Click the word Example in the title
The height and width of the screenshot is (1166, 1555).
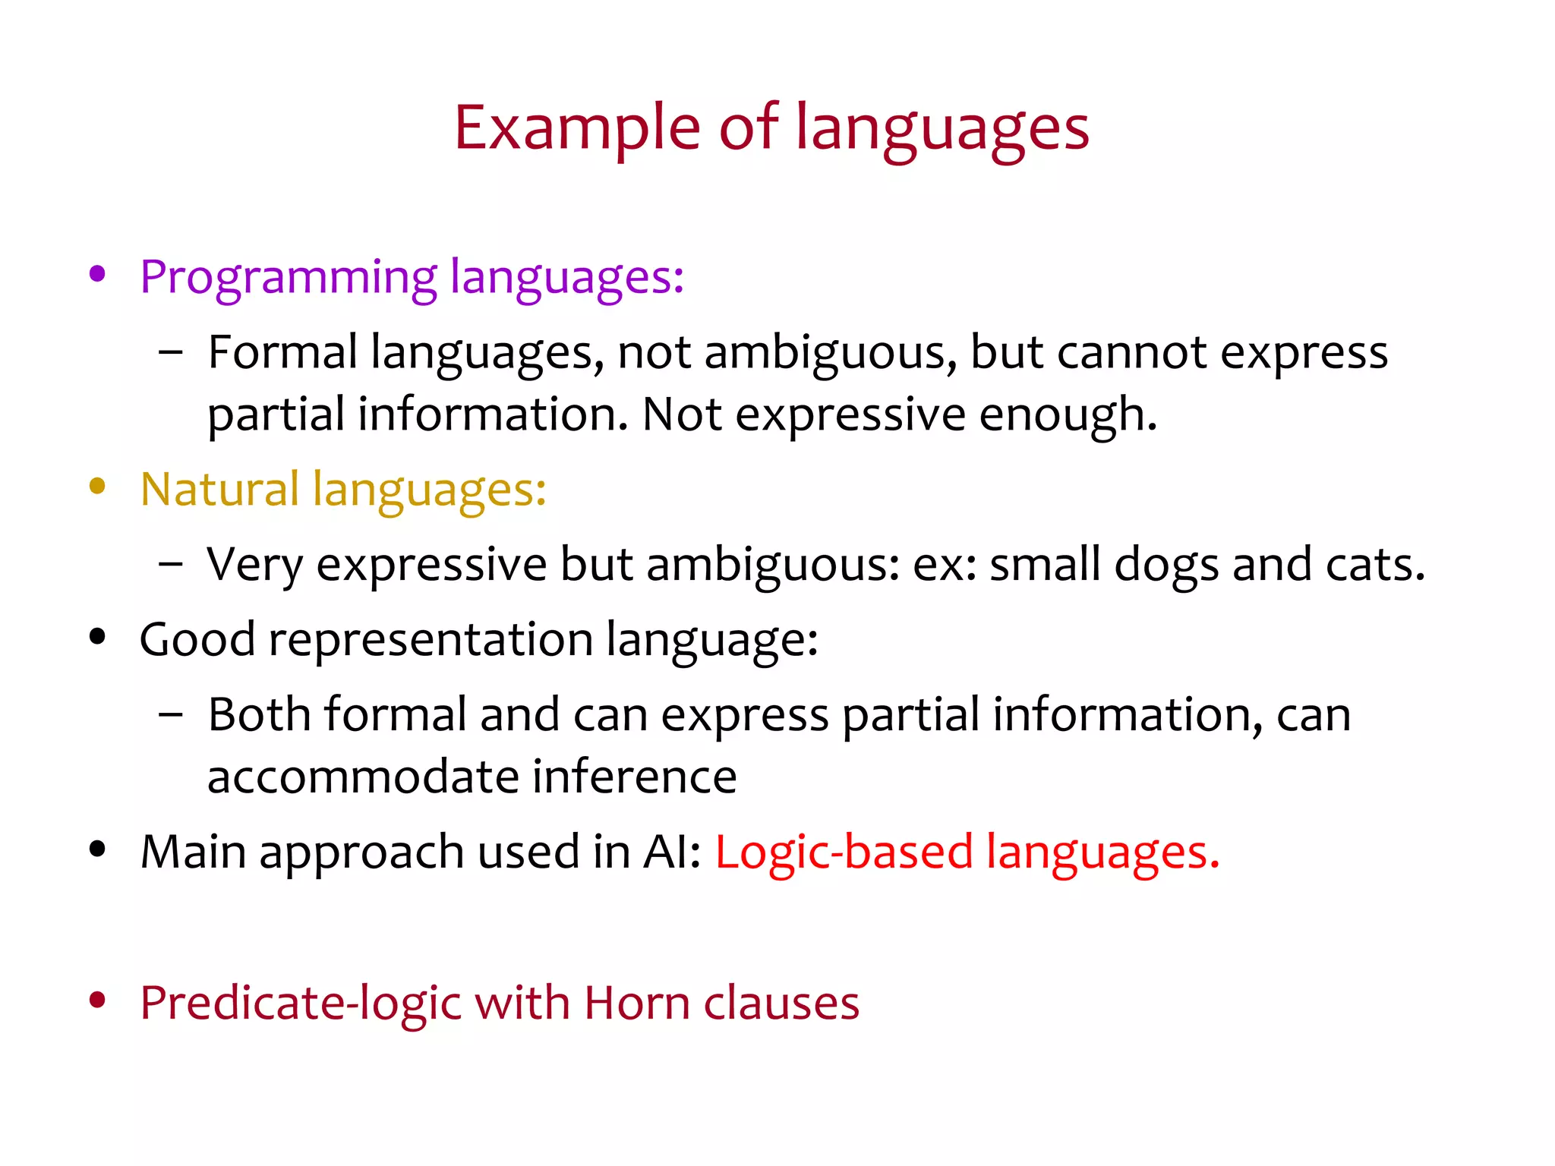577,128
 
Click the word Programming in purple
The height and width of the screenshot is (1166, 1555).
289,277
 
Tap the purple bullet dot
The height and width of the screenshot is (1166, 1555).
97,273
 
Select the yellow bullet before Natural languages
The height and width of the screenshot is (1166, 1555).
97,486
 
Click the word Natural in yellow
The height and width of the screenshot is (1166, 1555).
220,489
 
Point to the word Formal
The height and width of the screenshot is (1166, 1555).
282,352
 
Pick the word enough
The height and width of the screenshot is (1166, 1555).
1067,415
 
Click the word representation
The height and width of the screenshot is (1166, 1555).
431,639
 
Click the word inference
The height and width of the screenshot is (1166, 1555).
634,777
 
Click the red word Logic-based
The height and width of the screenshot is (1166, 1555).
844,852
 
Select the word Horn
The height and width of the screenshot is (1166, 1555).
636,1003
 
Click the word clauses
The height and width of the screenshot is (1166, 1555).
781,1003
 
